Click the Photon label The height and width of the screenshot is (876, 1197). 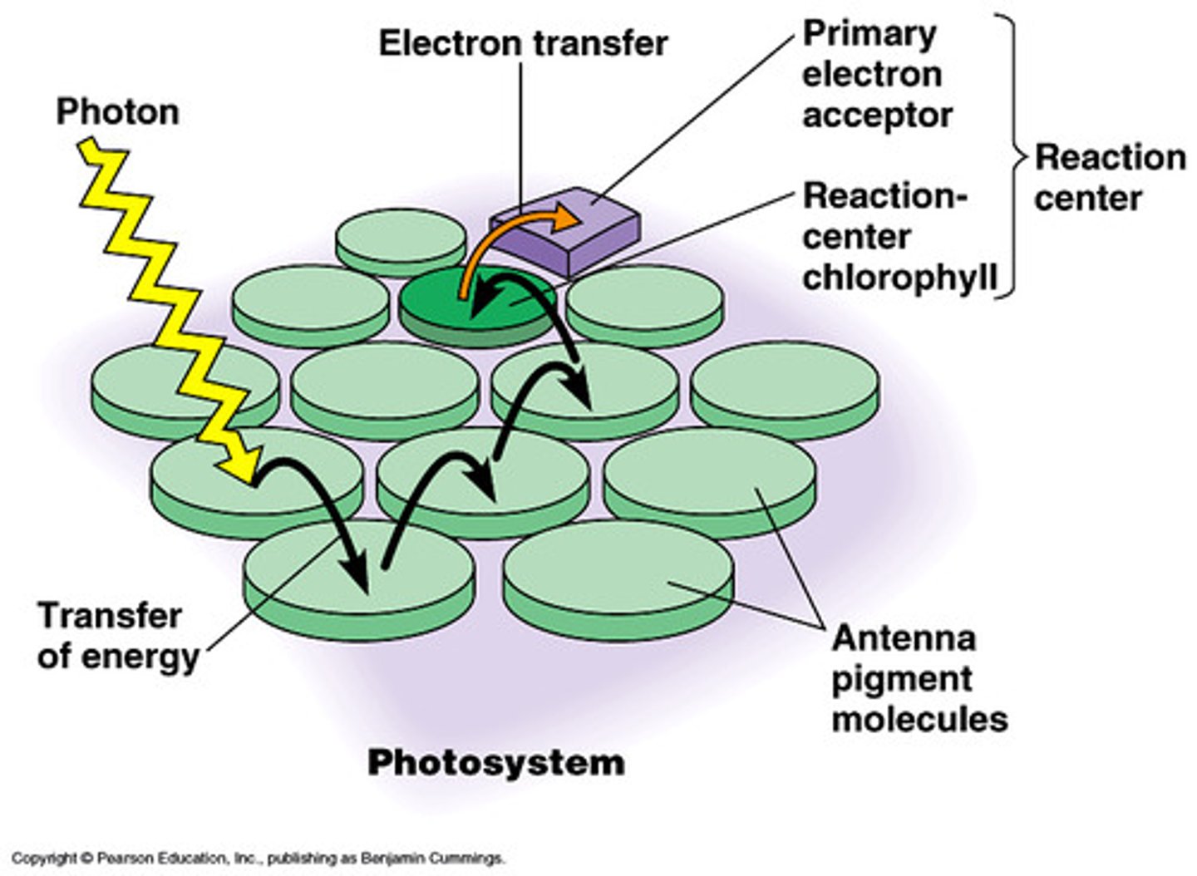[117, 111]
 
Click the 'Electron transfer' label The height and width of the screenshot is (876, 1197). [523, 43]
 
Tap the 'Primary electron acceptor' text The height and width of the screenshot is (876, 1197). [876, 75]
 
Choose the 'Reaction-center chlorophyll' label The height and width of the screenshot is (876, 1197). [898, 237]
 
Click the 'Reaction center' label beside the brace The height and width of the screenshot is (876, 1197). [1109, 177]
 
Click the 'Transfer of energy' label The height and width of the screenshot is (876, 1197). [117, 636]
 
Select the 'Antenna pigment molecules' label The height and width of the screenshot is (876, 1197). [918, 678]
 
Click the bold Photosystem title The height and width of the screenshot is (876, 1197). [496, 762]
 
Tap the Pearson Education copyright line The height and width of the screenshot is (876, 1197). [258, 859]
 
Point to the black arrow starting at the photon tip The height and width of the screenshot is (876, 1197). [324, 515]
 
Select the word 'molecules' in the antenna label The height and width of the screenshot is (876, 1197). [919, 718]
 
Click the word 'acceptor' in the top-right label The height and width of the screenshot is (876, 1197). [876, 116]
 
